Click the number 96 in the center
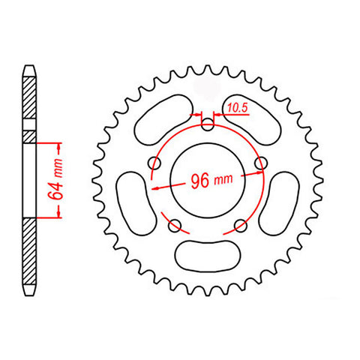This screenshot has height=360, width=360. (x=199, y=181)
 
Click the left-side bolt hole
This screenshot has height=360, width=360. (x=156, y=163)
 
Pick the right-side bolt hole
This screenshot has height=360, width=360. (x=261, y=163)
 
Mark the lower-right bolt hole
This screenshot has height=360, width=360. (x=241, y=223)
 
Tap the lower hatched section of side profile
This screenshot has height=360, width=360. (x=28, y=255)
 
